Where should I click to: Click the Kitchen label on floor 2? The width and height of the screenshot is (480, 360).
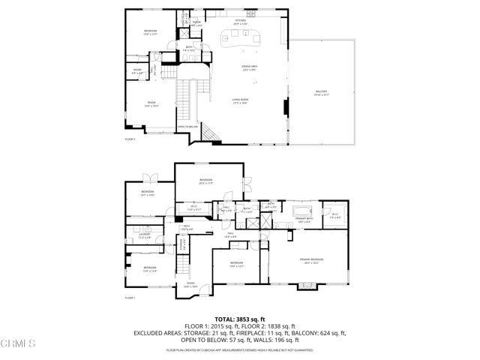click(240, 22)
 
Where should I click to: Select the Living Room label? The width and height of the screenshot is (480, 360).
click(240, 100)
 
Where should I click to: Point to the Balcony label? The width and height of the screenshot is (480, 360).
click(322, 93)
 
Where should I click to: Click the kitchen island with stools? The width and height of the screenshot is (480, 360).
click(241, 39)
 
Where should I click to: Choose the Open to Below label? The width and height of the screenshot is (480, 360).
click(188, 127)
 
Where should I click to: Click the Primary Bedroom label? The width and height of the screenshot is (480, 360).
click(311, 260)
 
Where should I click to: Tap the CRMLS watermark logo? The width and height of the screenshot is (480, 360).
click(18, 344)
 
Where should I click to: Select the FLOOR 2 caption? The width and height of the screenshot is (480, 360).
click(130, 139)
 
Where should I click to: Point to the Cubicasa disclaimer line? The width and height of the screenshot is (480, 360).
click(239, 350)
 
